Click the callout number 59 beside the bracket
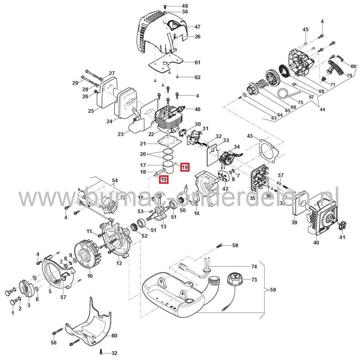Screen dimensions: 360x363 pyautogui.click(x=273, y=290)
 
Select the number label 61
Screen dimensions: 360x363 pyautogui.click(x=197, y=62)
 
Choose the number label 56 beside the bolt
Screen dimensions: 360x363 pyautogui.click(x=53, y=343)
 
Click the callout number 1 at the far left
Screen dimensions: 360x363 pyautogui.click(x=13, y=313)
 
